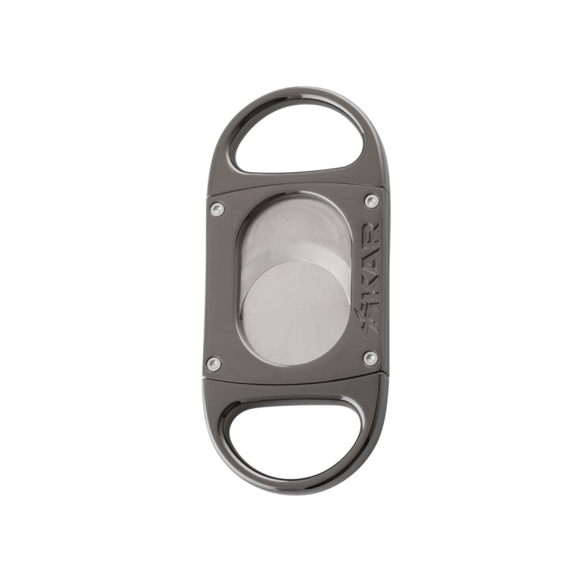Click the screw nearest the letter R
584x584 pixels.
[372, 201]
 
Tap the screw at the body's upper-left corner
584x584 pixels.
[217, 209]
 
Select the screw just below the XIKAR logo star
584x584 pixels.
[370, 358]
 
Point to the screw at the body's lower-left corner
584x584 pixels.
[213, 363]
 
